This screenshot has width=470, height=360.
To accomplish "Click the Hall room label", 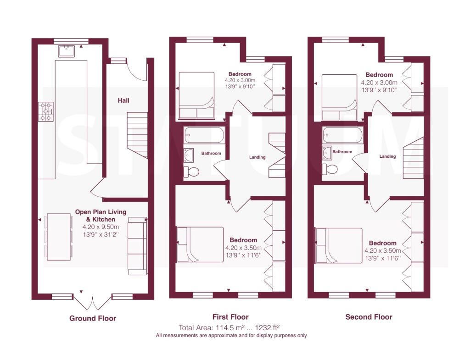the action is (x=123, y=100).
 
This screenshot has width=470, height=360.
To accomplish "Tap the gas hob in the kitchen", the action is (x=46, y=111).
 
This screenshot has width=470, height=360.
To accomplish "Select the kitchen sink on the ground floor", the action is (x=67, y=51).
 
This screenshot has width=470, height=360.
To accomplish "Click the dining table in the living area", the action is (x=58, y=237).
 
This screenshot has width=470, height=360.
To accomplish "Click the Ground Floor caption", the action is (x=93, y=318).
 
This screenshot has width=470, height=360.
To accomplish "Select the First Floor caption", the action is (x=230, y=317).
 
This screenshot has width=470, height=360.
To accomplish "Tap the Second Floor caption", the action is (x=369, y=317).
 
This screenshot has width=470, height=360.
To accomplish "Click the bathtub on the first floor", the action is (x=204, y=135).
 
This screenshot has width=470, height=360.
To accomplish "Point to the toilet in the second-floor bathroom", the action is (x=330, y=169).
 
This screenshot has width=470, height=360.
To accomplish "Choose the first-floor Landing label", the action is (x=257, y=157).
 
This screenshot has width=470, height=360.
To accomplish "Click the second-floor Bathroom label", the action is (x=342, y=151).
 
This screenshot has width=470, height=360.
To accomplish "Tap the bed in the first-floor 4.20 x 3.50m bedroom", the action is (x=200, y=245).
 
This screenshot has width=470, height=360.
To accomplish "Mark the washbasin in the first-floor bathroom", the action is (x=189, y=155).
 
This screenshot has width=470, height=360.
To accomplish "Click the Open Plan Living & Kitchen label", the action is (x=101, y=216).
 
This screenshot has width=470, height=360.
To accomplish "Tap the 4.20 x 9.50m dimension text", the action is (x=101, y=227).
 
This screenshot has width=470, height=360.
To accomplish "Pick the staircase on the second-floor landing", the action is (x=413, y=158).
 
